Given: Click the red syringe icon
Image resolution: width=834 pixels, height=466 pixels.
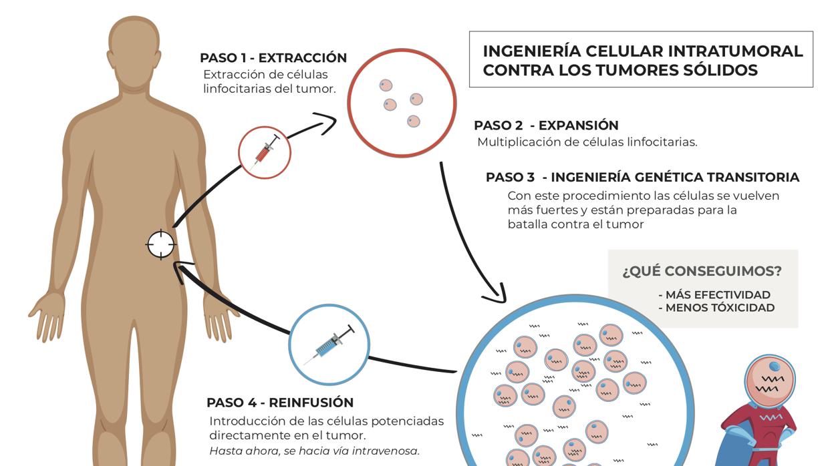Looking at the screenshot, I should coord(265,152).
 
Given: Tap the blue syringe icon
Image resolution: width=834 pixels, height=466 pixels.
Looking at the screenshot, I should coord(329,344).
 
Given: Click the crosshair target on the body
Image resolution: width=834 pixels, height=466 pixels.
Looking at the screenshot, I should coord(160,244).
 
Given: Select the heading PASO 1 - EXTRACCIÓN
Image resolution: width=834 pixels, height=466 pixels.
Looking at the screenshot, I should coord(273,58).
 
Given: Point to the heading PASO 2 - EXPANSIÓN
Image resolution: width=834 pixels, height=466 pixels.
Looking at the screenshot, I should coord(546,126).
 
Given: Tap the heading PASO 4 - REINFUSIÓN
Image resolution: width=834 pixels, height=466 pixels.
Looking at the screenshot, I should coord(280,403).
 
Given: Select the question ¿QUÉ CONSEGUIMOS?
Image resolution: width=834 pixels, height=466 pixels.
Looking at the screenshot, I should coord(702,271).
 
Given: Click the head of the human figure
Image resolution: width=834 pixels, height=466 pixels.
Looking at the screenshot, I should coord(134,50).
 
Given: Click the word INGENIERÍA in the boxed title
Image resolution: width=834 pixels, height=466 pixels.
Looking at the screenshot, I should coord(531,51).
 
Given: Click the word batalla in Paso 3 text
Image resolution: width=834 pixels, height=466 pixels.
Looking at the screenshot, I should coord(527,224).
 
